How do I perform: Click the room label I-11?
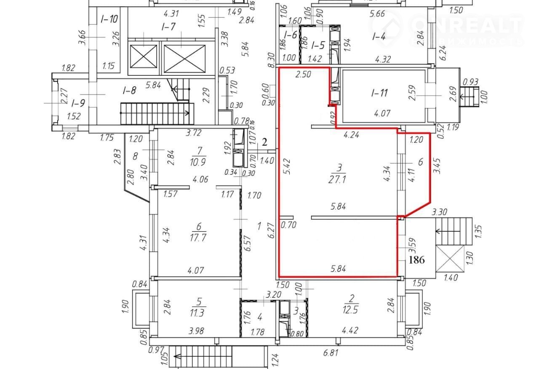[x=379, y=93]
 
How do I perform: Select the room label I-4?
[x=379, y=37]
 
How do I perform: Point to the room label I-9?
[x=78, y=102]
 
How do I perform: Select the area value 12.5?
[x=352, y=310]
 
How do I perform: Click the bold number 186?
[x=416, y=260]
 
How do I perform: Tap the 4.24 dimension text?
[x=351, y=136]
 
